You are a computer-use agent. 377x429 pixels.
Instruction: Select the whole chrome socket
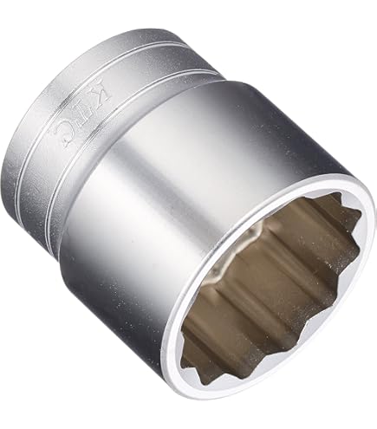click(191, 217)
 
